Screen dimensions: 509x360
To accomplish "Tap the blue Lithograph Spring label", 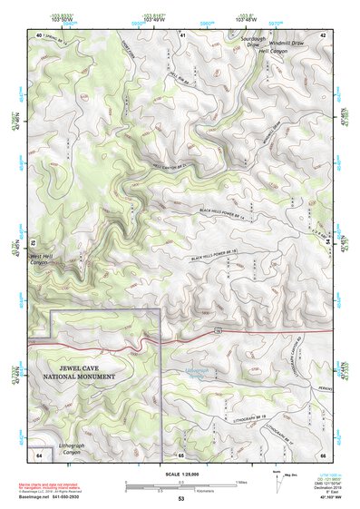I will coord(191,371).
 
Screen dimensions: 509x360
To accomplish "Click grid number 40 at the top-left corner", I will coord(39,34).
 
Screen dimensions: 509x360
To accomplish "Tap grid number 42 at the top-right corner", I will coord(323,34).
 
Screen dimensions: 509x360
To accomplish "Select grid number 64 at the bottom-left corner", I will coord(39,453).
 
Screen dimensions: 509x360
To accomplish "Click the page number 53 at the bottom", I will coord(180,499).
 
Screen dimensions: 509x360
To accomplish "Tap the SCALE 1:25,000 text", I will coord(180,475).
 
